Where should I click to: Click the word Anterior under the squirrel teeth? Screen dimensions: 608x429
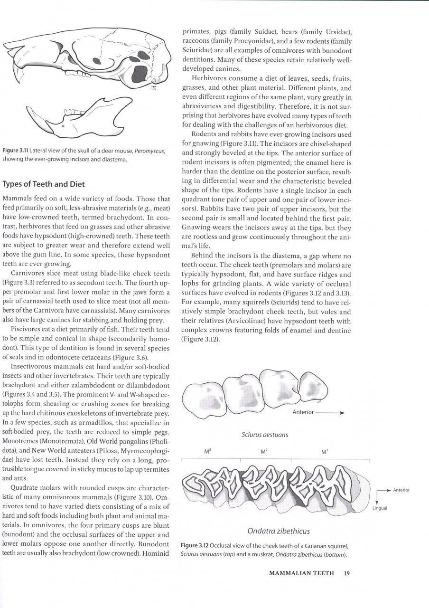303,412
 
